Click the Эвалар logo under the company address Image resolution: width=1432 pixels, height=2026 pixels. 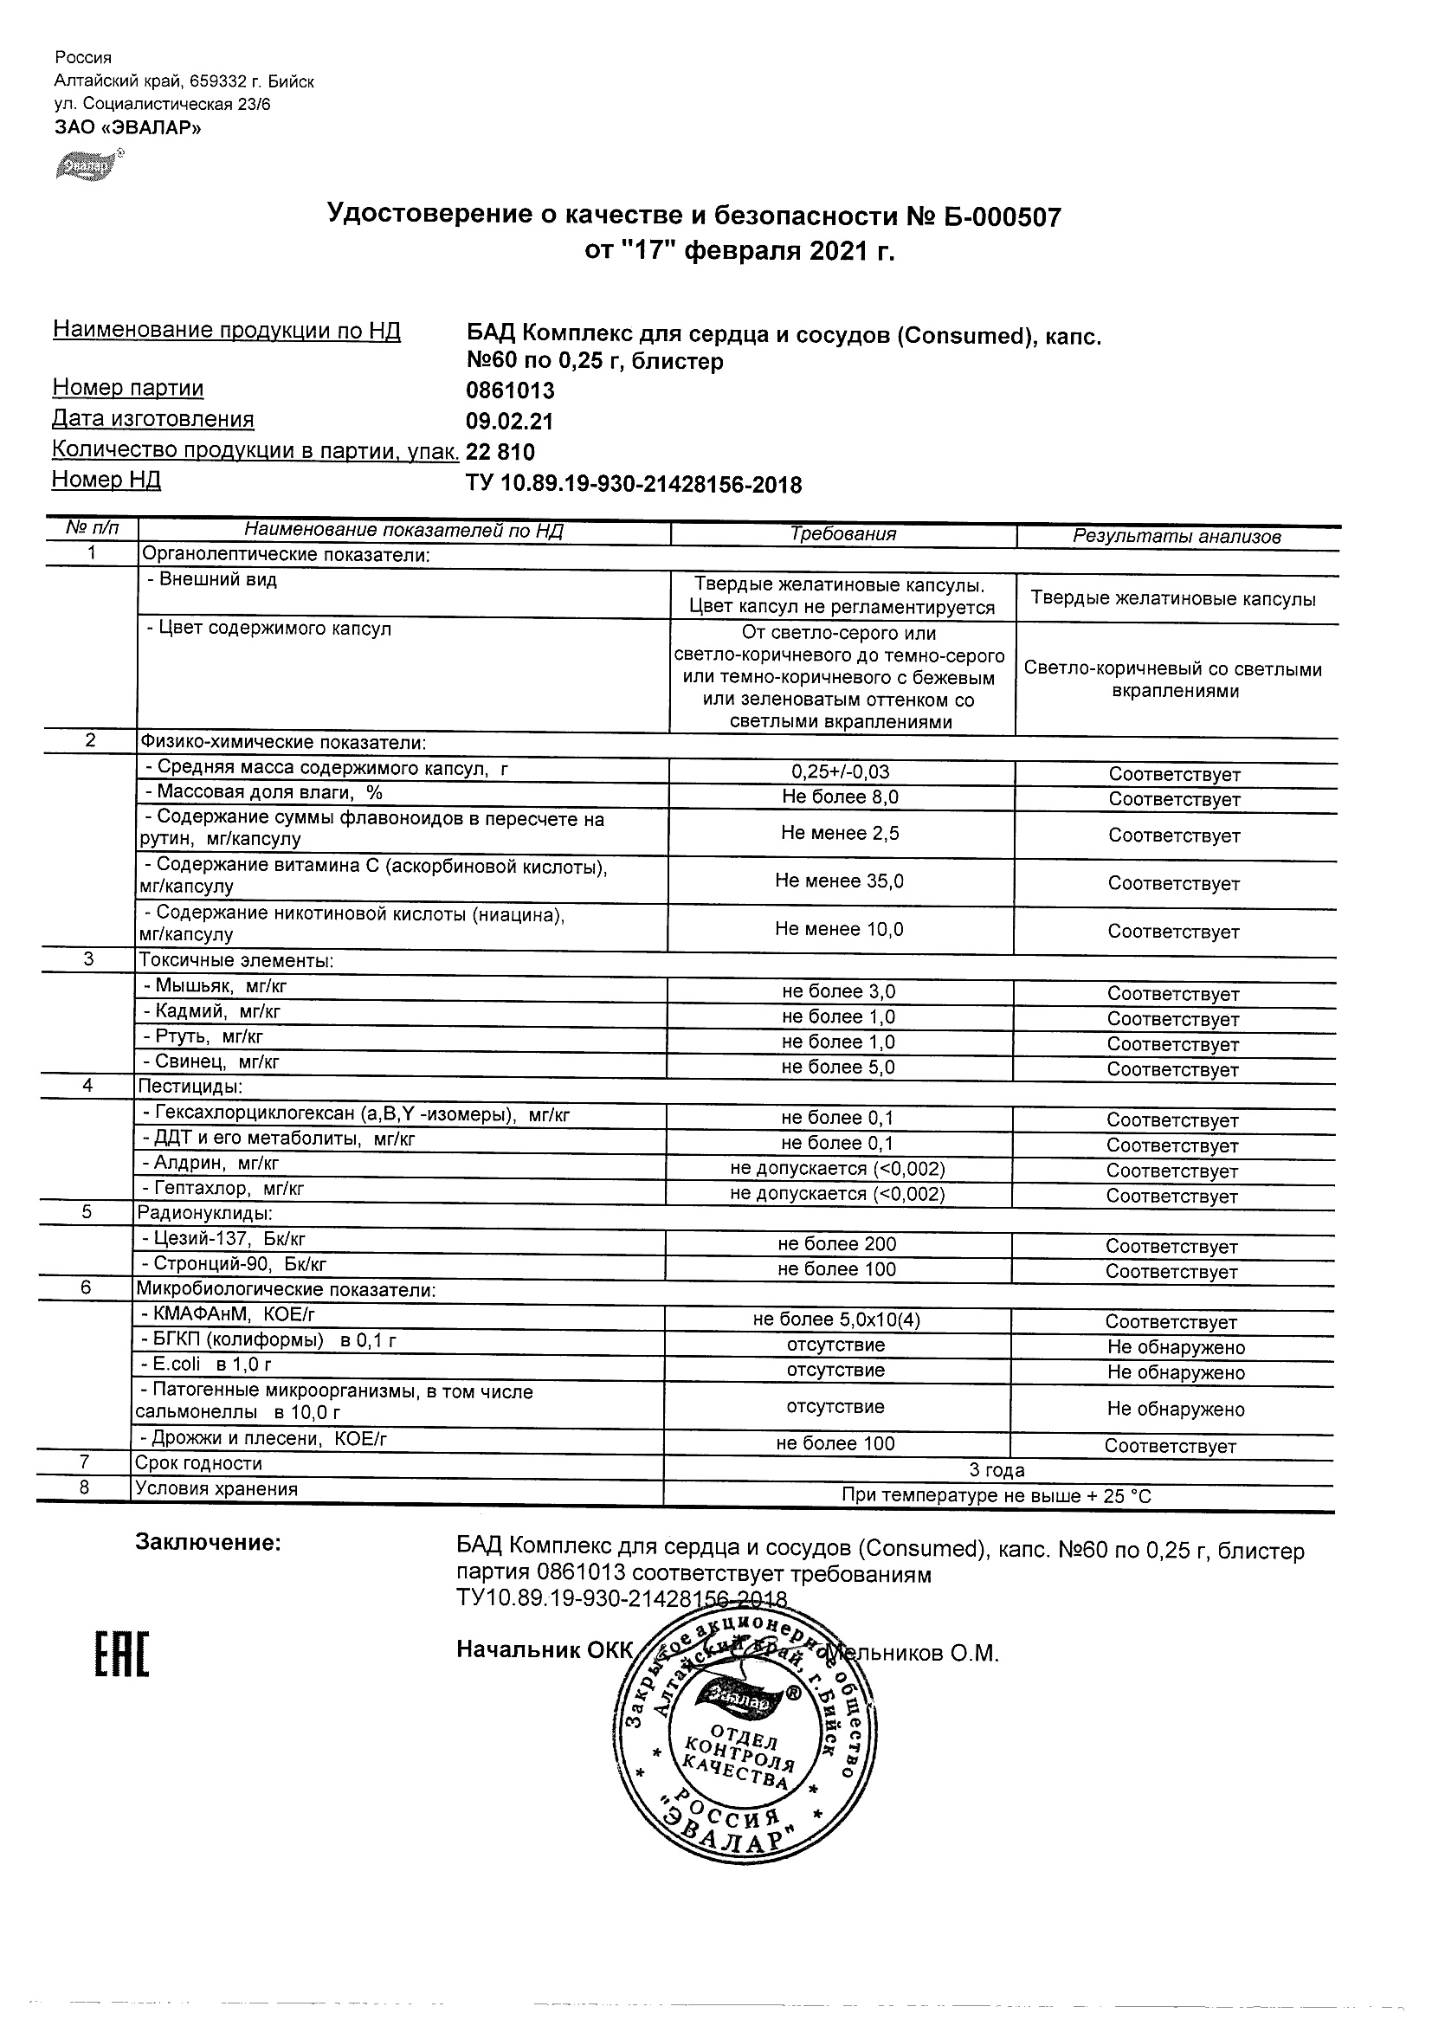pos(87,165)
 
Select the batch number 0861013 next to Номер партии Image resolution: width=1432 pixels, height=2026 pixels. pos(510,390)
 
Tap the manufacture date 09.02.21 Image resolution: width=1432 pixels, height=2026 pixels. pos(509,421)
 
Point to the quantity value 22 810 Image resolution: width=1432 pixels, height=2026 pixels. pos(500,452)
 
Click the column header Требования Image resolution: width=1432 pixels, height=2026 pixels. pos(842,534)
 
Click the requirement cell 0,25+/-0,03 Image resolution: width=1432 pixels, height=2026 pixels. pos(840,771)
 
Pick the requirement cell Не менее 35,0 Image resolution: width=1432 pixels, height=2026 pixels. pos(839,881)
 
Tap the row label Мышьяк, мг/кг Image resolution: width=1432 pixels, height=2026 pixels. pos(216,986)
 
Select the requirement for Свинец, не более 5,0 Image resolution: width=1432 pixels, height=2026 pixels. pos(838,1068)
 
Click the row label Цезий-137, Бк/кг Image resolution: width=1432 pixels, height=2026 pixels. pos(224,1239)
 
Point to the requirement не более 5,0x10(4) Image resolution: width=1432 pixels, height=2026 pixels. pos(836,1320)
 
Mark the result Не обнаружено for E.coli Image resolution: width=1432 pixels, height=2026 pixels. pos(1176,1372)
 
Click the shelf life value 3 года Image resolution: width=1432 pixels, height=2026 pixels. pos(997,1470)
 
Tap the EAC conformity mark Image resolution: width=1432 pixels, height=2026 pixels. pos(122,1655)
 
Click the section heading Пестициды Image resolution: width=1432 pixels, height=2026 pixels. pos(190,1087)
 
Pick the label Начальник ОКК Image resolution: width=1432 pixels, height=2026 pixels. pos(545,1650)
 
